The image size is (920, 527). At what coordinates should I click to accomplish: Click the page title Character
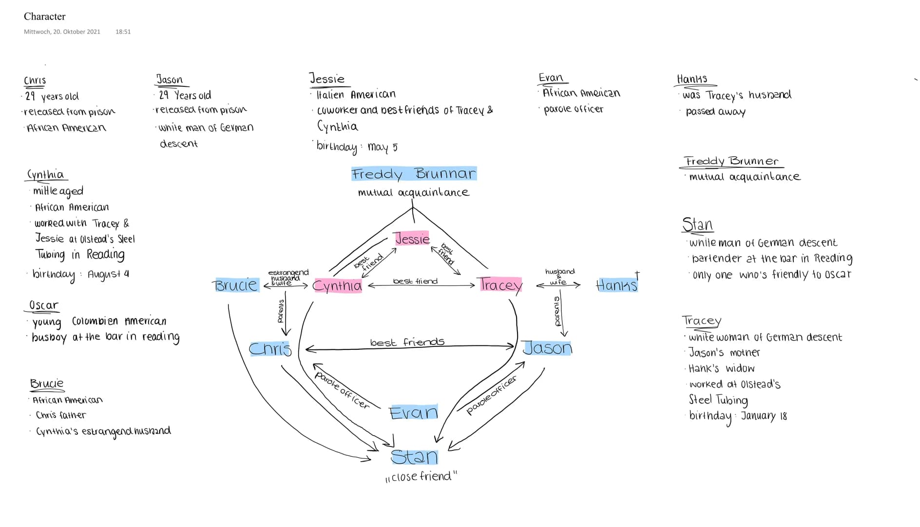(44, 17)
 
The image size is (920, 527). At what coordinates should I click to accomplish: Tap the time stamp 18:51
(123, 32)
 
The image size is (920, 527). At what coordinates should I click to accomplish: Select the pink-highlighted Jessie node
(412, 238)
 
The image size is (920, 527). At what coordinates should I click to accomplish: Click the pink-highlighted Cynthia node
(337, 285)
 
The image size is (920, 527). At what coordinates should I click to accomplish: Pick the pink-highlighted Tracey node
(500, 284)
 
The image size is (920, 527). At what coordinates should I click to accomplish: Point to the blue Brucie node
(236, 285)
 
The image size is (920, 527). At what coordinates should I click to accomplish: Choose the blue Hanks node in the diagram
(616, 285)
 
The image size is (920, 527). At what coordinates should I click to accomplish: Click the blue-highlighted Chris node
(270, 348)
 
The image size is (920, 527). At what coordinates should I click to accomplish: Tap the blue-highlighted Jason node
(547, 348)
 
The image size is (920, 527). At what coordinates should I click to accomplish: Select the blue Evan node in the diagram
(414, 413)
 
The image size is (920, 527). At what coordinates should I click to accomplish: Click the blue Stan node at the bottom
(414, 457)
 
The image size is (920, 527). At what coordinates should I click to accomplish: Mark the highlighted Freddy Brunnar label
(414, 174)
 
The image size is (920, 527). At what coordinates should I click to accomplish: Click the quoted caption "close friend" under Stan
(422, 476)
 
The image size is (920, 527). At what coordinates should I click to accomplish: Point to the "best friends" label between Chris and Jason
(407, 342)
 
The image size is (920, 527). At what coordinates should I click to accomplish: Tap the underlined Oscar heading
(43, 305)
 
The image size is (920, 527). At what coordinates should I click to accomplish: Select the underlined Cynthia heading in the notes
(46, 175)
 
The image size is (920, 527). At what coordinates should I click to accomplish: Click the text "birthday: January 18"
(738, 416)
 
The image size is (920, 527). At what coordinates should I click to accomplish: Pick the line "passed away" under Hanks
(715, 112)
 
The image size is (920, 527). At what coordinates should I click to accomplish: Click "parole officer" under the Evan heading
(573, 109)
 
